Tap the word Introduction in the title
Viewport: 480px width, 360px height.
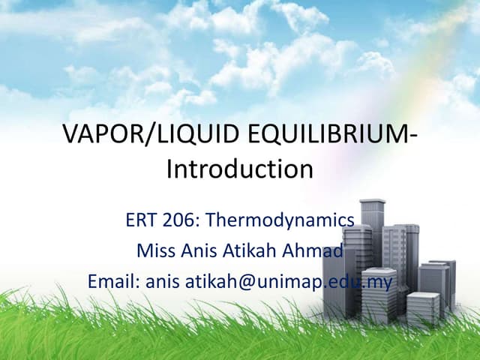pos(239,168)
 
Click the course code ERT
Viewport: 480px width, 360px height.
pos(139,220)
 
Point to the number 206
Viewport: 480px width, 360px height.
pos(178,220)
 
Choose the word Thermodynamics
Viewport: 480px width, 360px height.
pos(279,220)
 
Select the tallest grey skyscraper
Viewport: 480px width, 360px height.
pos(372,247)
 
